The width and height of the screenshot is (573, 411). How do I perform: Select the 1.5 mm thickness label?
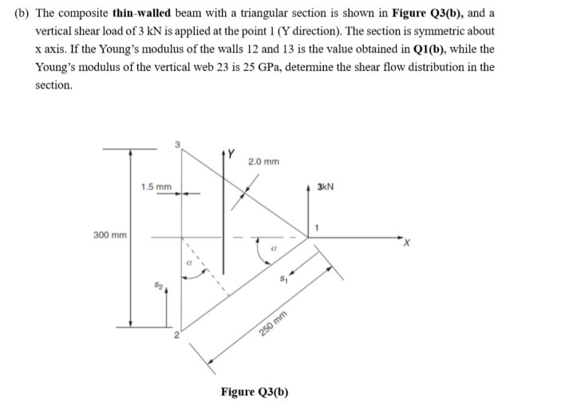tap(156, 188)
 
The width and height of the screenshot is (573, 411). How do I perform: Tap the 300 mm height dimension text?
tap(110, 235)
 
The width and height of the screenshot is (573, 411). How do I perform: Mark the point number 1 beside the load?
tap(317, 230)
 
